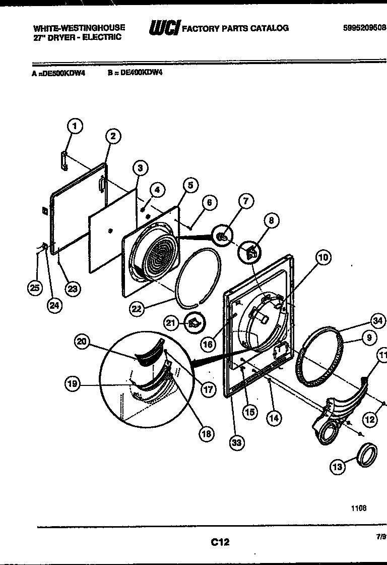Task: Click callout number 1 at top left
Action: coord(75,126)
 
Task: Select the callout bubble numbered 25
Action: coord(34,288)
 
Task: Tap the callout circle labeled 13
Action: coord(338,467)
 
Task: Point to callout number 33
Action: coord(236,443)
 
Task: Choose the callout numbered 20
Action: coord(82,342)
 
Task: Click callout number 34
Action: coord(377,320)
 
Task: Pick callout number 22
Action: coord(137,309)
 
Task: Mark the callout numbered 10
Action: coord(323,257)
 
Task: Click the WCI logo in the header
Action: coord(164,28)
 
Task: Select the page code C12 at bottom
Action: coord(220,542)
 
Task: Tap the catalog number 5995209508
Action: coord(364,28)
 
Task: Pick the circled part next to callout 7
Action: coord(222,235)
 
